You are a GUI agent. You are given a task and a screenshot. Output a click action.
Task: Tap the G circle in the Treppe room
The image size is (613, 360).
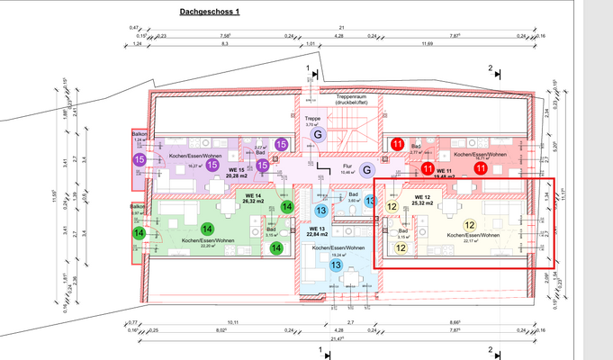316,135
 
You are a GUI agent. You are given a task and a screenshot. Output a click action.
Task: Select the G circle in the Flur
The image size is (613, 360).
366,169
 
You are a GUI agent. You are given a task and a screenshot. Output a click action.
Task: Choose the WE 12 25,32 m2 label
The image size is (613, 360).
422,200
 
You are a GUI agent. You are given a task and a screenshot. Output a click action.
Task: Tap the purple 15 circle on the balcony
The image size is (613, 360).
140,159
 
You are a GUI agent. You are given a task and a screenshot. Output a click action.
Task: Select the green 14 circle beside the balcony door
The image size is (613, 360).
140,233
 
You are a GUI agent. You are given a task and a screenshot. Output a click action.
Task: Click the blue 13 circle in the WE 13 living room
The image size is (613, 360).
335,265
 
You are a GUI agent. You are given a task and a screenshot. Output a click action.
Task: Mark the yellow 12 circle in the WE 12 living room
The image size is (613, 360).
469,225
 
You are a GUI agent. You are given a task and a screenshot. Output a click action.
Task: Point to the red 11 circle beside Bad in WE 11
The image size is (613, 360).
397,143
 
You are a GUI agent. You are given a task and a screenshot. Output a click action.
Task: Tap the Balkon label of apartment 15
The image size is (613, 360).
139,133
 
